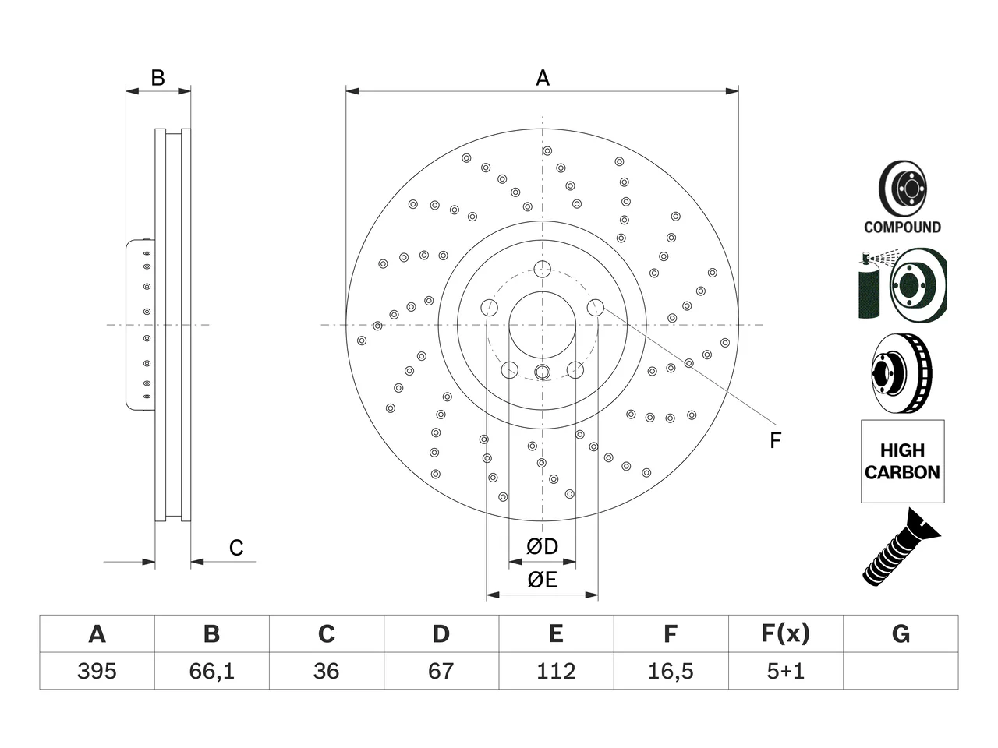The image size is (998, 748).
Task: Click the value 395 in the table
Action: [97, 671]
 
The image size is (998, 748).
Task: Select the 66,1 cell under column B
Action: [212, 671]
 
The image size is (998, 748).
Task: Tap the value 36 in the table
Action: [327, 671]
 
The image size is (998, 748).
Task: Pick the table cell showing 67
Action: [441, 671]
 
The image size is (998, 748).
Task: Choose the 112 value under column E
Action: [556, 671]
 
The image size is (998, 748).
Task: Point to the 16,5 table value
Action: [671, 671]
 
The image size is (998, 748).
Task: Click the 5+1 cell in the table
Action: [786, 671]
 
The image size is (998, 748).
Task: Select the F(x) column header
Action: [786, 633]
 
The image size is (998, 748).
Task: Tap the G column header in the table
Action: [901, 633]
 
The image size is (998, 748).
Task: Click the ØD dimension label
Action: [542, 546]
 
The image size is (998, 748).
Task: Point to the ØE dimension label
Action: [542, 580]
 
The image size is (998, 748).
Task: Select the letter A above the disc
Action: [543, 78]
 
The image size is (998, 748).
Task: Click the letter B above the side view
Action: [157, 78]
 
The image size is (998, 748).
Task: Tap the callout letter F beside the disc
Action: [775, 440]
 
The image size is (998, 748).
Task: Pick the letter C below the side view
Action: [236, 548]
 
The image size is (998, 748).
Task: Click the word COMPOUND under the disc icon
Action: [902, 227]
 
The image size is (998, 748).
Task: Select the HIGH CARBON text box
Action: [903, 461]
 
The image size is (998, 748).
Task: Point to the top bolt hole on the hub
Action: [542, 269]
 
